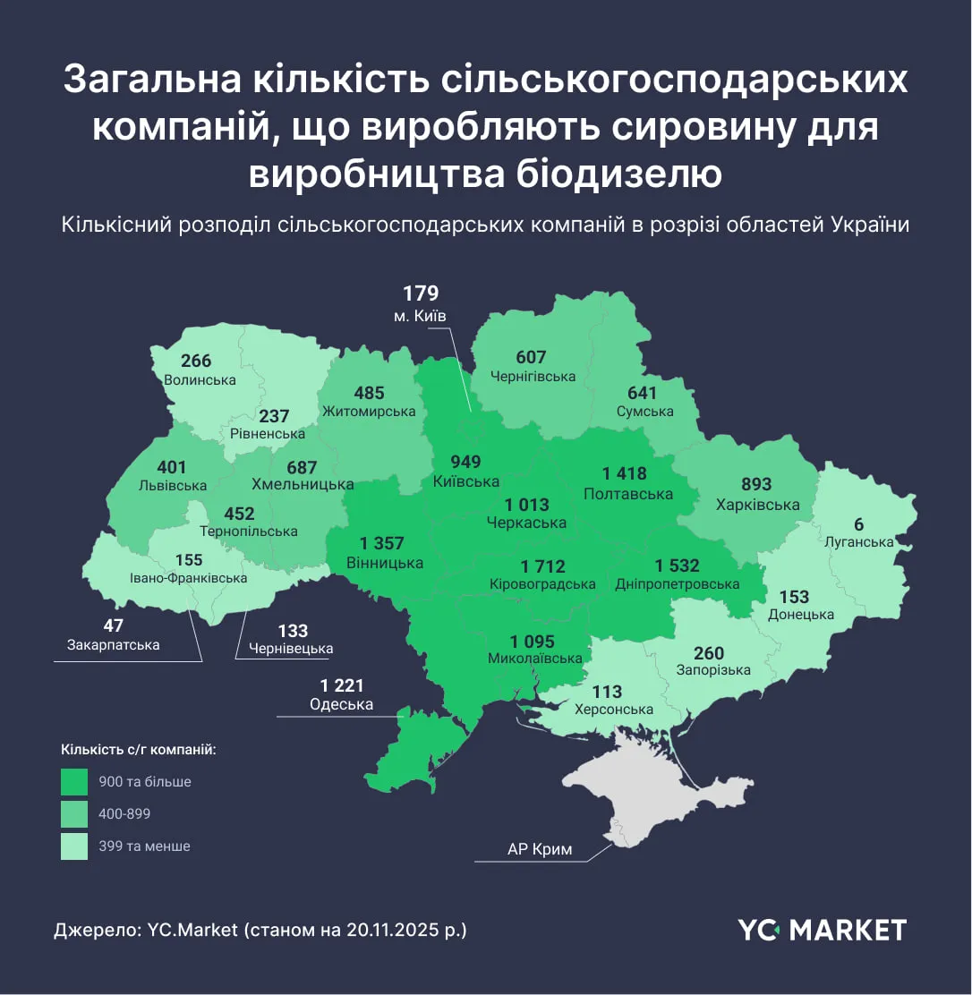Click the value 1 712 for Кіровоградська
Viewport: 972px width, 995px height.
(x=542, y=566)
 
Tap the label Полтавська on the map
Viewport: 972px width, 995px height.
(x=627, y=494)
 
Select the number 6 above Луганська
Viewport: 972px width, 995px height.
(x=859, y=525)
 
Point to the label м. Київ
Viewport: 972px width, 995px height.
(x=420, y=316)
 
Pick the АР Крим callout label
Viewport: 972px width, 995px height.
(x=539, y=849)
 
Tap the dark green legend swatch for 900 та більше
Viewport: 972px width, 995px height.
(x=74, y=782)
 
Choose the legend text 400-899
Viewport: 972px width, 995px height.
(x=125, y=813)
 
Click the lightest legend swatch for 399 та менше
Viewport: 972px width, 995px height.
(x=74, y=846)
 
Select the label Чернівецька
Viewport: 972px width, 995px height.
(x=292, y=649)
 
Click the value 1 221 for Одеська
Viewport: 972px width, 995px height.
(x=342, y=685)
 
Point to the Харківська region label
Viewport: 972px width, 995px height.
(x=757, y=505)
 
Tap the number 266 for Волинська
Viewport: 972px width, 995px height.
(x=196, y=361)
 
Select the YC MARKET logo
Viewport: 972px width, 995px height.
(x=822, y=930)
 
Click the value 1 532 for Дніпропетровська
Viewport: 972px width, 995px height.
(x=677, y=566)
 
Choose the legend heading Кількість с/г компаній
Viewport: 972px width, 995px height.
(x=139, y=749)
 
